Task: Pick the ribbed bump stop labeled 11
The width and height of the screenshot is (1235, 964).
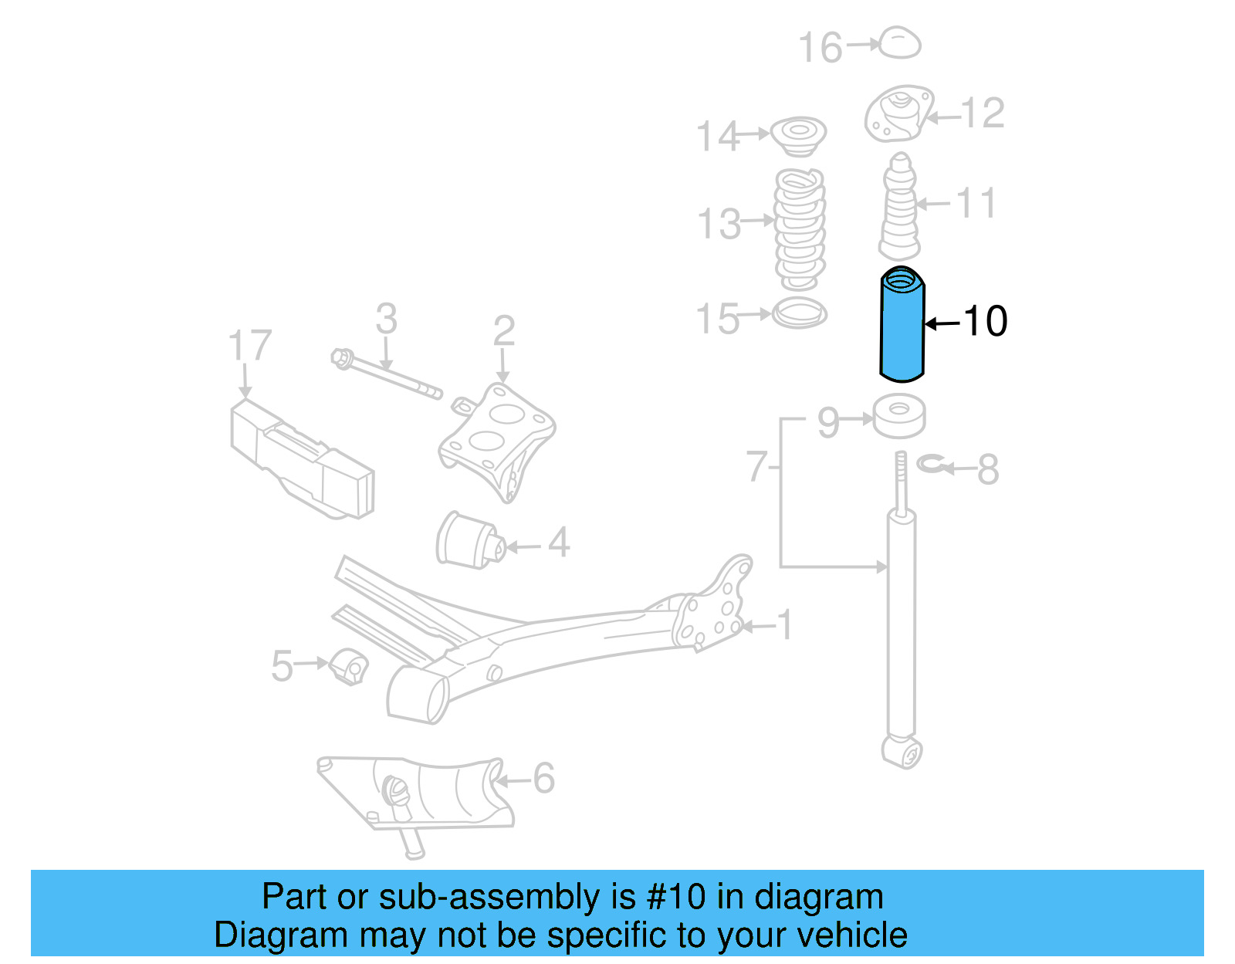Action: pyautogui.click(x=899, y=208)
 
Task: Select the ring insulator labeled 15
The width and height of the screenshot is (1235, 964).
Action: pyautogui.click(x=800, y=313)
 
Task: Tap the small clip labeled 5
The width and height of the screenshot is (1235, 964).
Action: pyautogui.click(x=349, y=667)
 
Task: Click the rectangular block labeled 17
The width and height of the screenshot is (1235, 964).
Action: pyautogui.click(x=301, y=459)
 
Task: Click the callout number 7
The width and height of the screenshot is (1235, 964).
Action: pyautogui.click(x=756, y=467)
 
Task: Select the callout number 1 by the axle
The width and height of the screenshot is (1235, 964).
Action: pyautogui.click(x=785, y=624)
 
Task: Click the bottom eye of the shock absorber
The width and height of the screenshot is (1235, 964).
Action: pyautogui.click(x=902, y=752)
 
